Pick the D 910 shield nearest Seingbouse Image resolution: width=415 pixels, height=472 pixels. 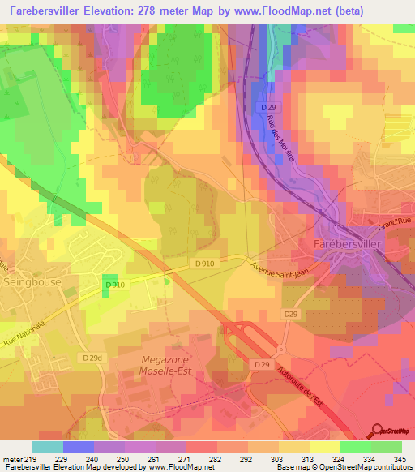pyautogui.click(x=114, y=285)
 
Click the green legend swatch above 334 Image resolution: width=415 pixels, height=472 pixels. pyautogui.click(x=355, y=447)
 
